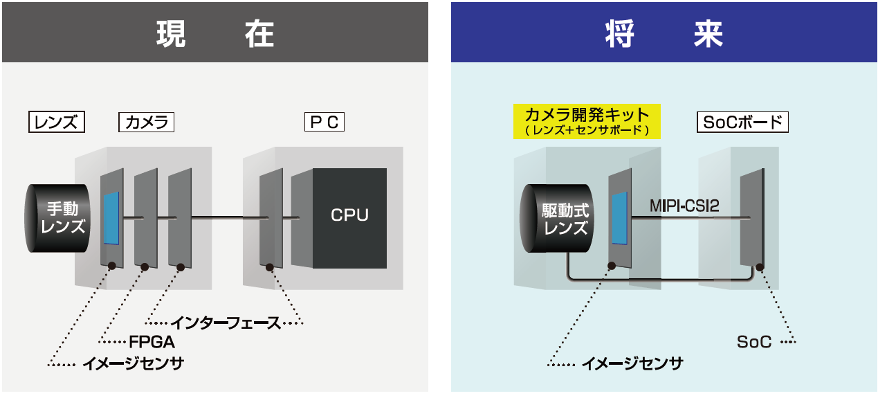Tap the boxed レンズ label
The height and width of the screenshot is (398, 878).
(x=56, y=123)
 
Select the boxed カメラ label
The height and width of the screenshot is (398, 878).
(x=146, y=123)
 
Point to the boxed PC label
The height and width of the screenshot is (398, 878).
(x=324, y=123)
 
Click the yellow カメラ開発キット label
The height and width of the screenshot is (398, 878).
(x=587, y=115)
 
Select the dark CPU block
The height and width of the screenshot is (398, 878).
(x=349, y=217)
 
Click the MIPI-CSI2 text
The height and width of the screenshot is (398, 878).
(x=685, y=206)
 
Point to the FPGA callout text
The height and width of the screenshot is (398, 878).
(x=152, y=342)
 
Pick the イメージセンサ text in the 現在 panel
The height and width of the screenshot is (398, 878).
(x=133, y=363)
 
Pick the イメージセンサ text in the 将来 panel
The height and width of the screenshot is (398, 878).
(x=632, y=363)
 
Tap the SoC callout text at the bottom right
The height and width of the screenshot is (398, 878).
(x=753, y=342)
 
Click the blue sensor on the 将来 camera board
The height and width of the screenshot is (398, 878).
(x=619, y=218)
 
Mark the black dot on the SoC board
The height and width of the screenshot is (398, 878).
(x=759, y=266)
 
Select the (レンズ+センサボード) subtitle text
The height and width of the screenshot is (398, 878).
(x=587, y=129)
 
